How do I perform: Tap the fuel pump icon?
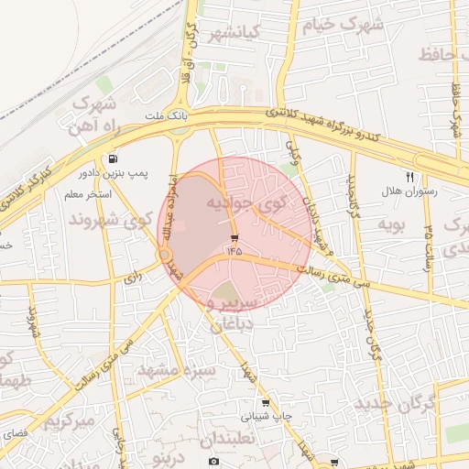coord(113,158)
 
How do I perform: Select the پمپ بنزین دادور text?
coord(113,172)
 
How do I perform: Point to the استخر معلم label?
coord(88,195)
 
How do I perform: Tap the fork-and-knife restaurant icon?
coord(409,178)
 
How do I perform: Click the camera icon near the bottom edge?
coord(213,462)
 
